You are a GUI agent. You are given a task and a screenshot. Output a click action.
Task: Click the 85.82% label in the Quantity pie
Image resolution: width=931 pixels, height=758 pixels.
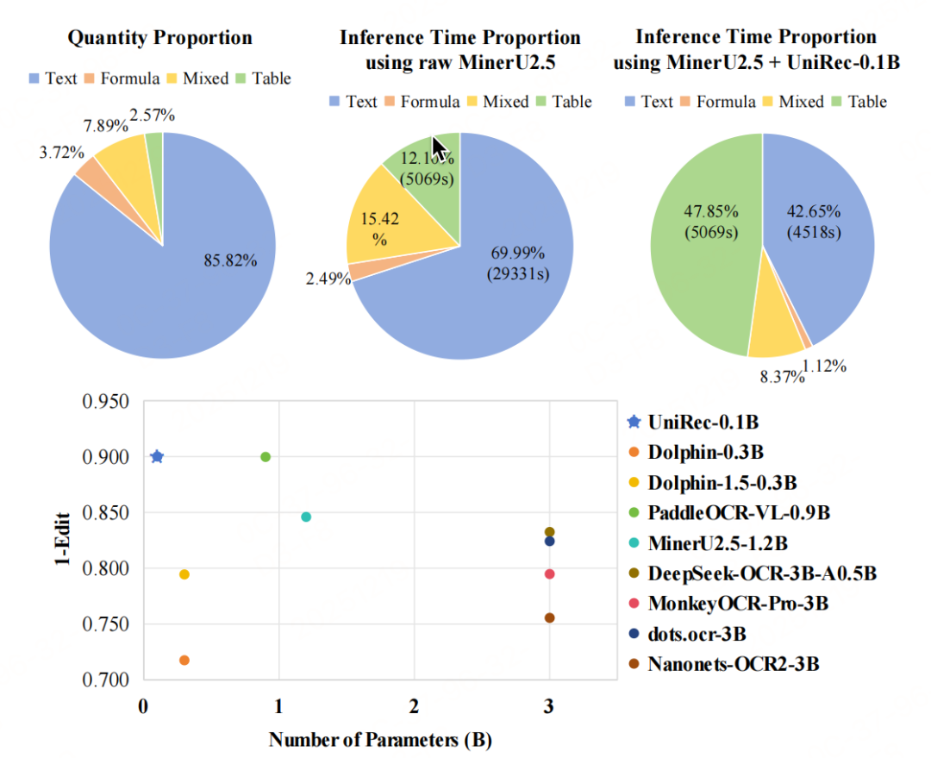(230, 261)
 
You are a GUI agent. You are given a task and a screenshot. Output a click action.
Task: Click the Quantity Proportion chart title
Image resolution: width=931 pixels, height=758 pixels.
(160, 38)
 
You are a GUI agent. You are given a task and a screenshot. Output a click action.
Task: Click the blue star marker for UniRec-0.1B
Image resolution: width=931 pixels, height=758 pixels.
(157, 456)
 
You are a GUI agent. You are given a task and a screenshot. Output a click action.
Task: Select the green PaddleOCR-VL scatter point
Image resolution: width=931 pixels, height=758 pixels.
(266, 456)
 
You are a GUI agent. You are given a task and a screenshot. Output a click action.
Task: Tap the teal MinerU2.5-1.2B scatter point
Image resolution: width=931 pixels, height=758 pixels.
(306, 517)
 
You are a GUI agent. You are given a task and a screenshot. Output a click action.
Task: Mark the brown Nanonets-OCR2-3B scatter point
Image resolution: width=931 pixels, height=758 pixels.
(549, 617)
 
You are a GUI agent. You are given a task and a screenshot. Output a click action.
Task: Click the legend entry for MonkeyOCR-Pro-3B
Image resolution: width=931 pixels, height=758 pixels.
(738, 603)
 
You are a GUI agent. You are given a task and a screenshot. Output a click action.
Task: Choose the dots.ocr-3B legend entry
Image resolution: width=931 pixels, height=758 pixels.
(697, 634)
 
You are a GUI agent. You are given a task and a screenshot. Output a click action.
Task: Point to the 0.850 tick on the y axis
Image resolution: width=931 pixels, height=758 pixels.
(107, 513)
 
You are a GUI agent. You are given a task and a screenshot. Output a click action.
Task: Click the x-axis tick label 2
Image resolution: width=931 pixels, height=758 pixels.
(414, 707)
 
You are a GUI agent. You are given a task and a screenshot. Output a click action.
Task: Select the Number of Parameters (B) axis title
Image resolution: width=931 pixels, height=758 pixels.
(379, 739)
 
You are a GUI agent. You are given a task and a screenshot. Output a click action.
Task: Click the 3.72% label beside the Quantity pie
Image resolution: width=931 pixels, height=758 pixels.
(63, 153)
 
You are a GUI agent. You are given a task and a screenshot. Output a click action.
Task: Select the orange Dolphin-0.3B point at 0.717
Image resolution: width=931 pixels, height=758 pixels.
(184, 660)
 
